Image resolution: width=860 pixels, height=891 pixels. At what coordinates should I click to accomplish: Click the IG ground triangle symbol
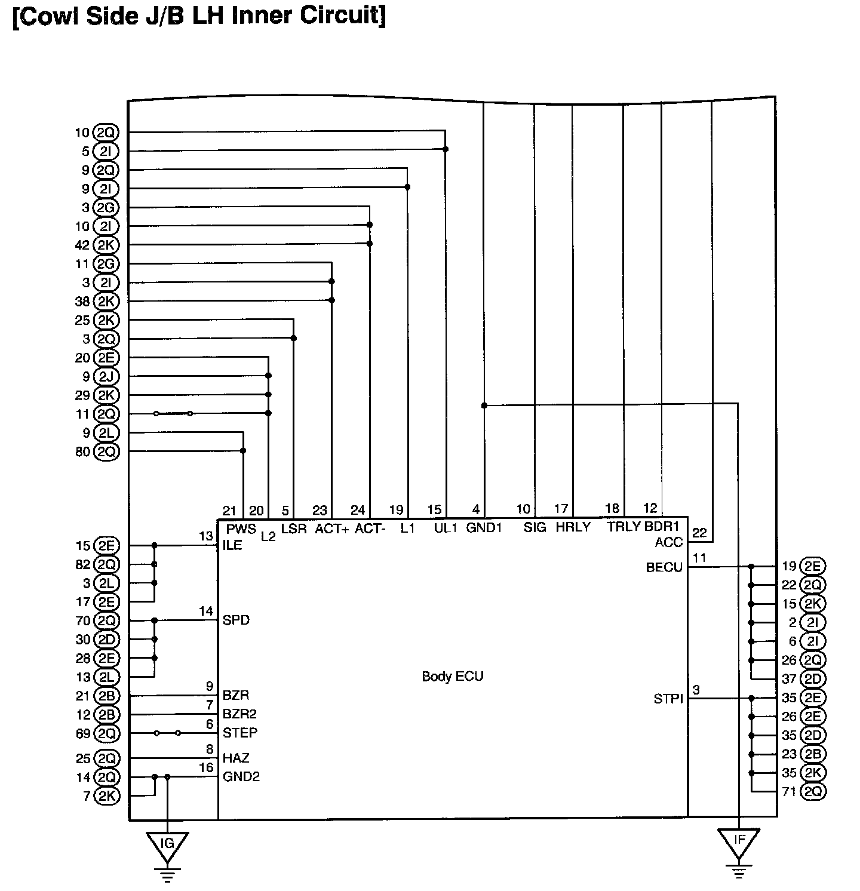[167, 844]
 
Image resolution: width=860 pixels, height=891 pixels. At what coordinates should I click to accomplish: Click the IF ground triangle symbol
[739, 840]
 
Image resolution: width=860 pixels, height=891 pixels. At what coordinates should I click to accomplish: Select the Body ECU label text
[452, 677]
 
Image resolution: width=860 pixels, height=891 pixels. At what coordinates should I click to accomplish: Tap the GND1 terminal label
[484, 528]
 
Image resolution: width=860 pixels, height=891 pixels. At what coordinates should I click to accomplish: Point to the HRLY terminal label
[573, 527]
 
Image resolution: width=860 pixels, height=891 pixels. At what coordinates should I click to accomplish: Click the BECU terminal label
[664, 567]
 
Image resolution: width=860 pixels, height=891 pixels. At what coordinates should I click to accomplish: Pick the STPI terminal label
[668, 698]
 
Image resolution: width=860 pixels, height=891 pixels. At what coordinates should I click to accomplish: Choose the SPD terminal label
[236, 620]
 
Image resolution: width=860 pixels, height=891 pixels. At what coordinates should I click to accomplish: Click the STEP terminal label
[240, 733]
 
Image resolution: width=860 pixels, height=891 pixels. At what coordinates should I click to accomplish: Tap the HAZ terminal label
[236, 758]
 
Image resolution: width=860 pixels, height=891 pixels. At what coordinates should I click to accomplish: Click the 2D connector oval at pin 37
[812, 679]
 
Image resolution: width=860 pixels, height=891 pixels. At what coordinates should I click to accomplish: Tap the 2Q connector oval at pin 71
[812, 792]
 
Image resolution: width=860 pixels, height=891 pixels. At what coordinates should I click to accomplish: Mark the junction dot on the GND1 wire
[484, 405]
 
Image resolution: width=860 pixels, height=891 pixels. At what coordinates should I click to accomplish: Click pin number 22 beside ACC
[699, 533]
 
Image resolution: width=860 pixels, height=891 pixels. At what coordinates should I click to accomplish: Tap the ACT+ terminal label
[332, 529]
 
